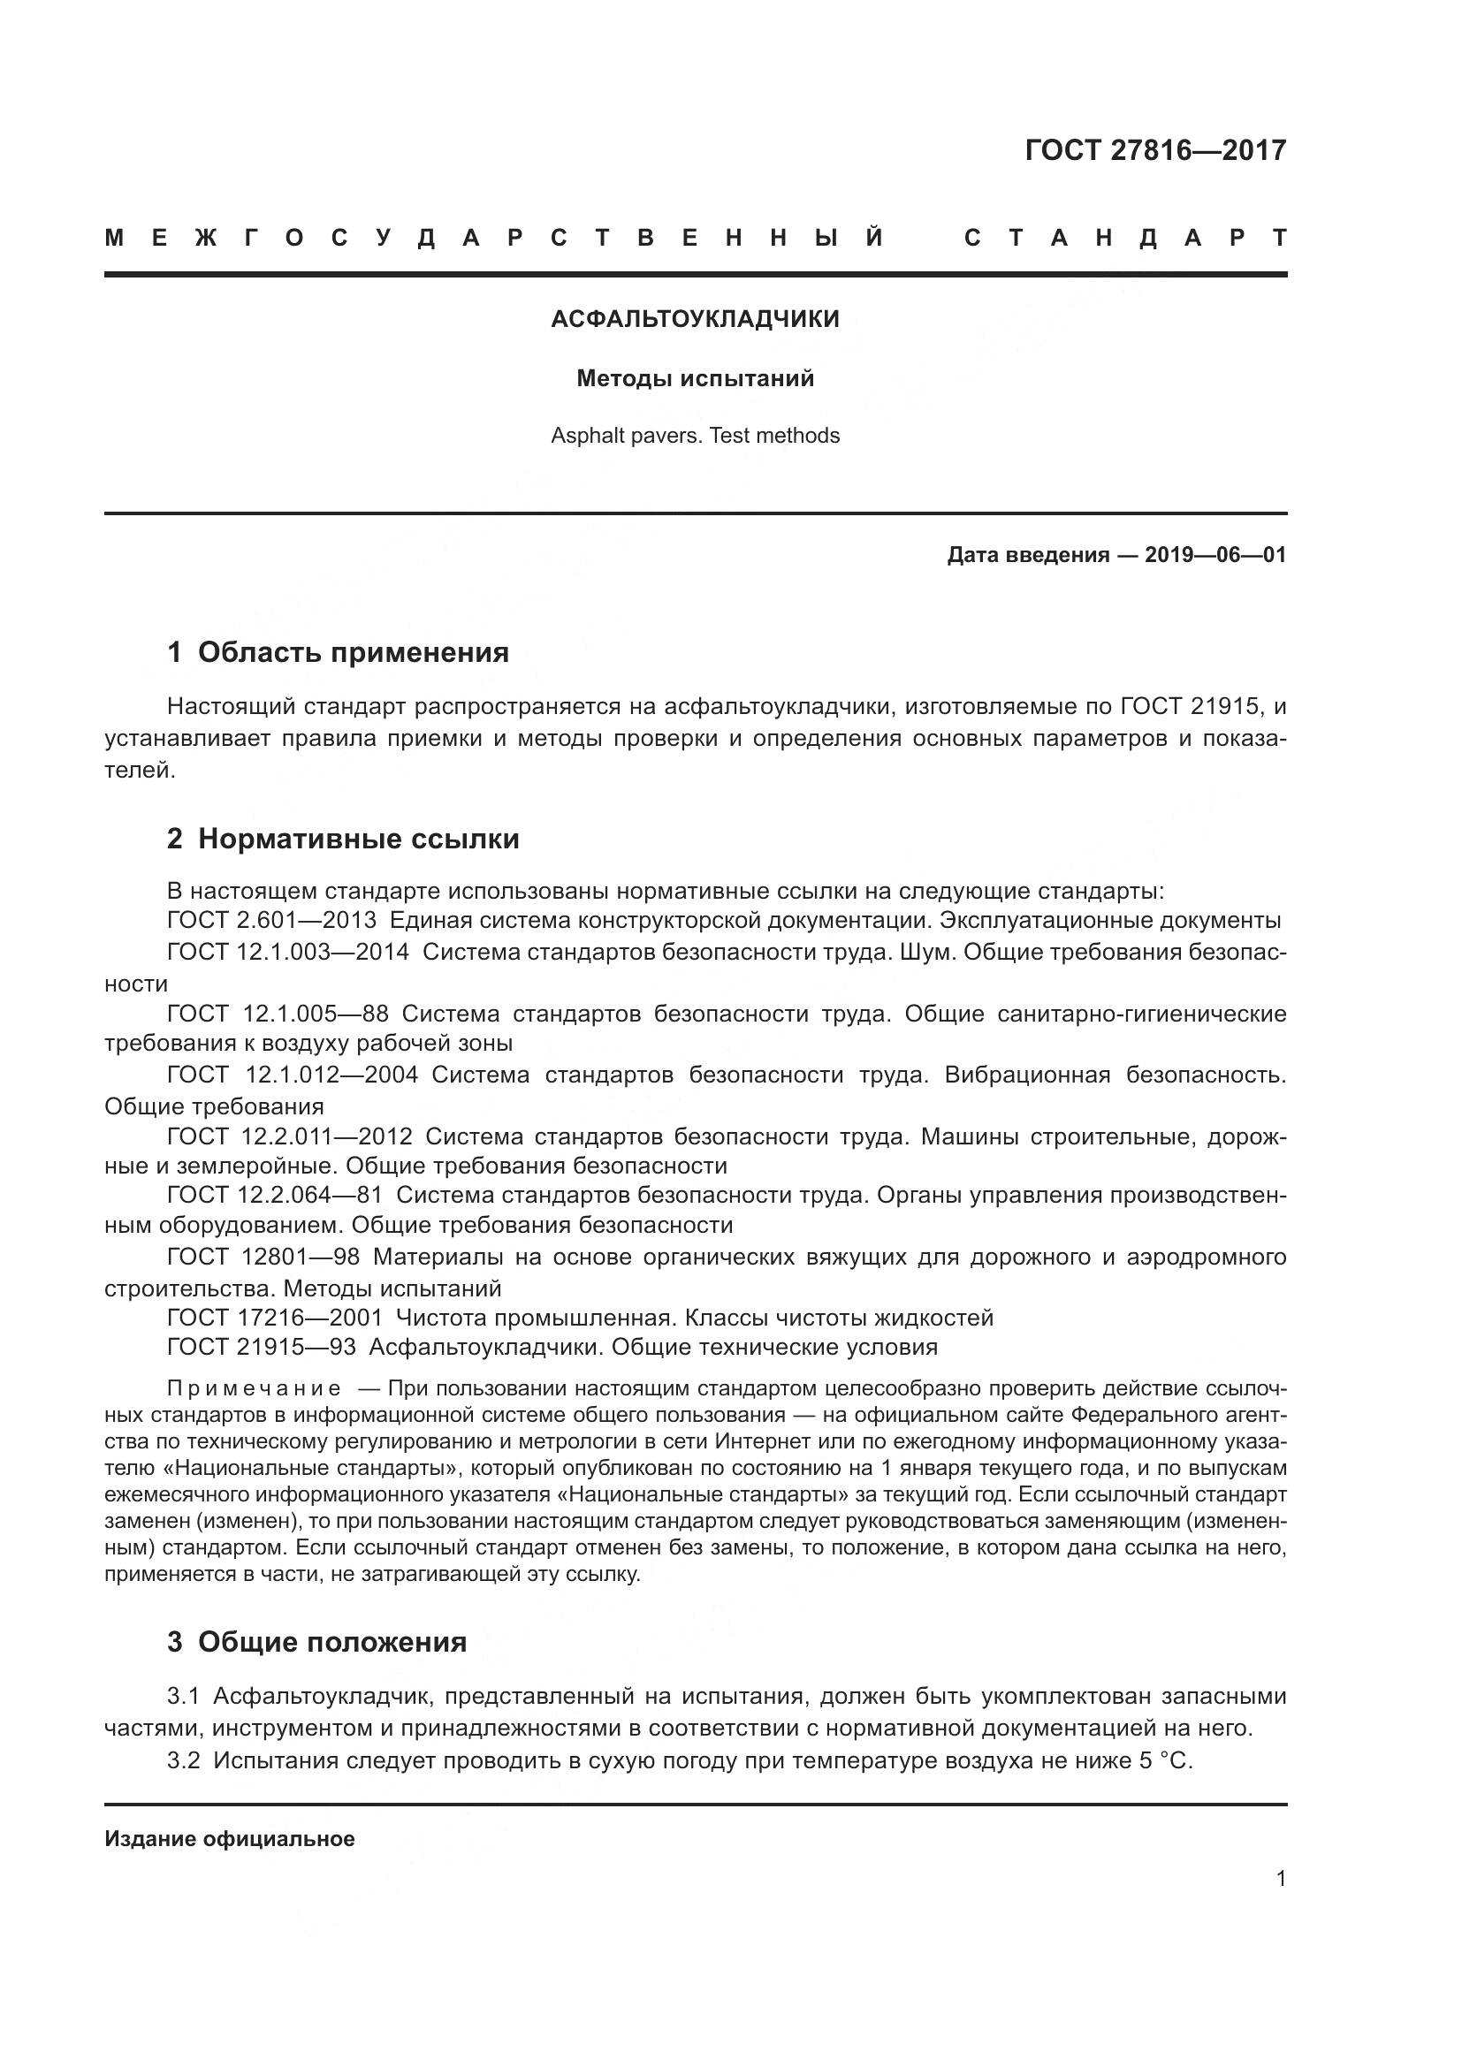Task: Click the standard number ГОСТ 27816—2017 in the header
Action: pyautogui.click(x=1155, y=150)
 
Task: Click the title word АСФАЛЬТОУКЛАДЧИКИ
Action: pyautogui.click(x=695, y=320)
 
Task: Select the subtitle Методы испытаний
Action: pyautogui.click(x=695, y=379)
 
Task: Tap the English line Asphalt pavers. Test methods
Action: pyautogui.click(x=695, y=436)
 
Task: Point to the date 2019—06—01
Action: pyautogui.click(x=1215, y=555)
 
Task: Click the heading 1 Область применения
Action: pyautogui.click(x=339, y=653)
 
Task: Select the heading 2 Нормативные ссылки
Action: pyautogui.click(x=343, y=839)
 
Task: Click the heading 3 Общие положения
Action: pyautogui.click(x=317, y=1642)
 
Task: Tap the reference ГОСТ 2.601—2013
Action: pyautogui.click(x=271, y=921)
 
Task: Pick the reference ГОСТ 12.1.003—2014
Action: pyautogui.click(x=287, y=953)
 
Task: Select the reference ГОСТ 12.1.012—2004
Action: pyautogui.click(x=292, y=1075)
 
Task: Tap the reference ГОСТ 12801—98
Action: pyautogui.click(x=263, y=1257)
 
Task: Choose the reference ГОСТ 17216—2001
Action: pyautogui.click(x=275, y=1318)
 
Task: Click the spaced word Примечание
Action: pyautogui.click(x=254, y=1388)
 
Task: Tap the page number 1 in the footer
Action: pyautogui.click(x=1280, y=1879)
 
